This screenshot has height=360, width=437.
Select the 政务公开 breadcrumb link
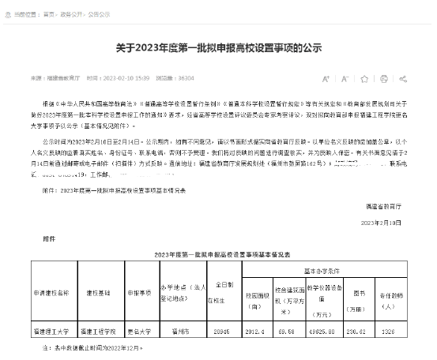click(x=74, y=13)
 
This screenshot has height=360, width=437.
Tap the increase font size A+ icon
click(x=327, y=79)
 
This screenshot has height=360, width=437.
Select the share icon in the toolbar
click(x=403, y=79)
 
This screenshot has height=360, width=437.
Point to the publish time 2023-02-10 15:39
click(x=127, y=79)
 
